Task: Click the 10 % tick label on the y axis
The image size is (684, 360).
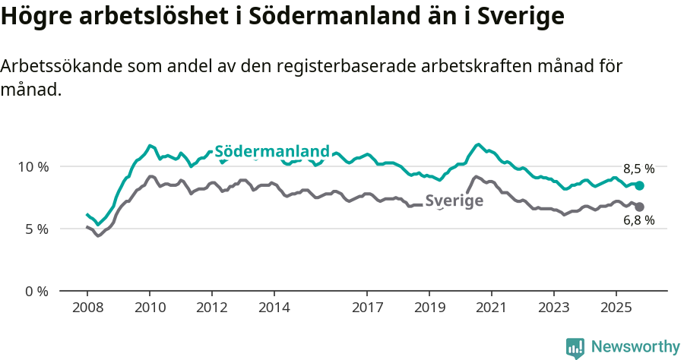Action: click(x=32, y=166)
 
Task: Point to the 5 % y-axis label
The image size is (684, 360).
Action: click(x=36, y=229)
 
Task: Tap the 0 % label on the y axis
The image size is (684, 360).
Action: click(x=36, y=291)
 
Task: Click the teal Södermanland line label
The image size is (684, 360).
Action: click(x=272, y=151)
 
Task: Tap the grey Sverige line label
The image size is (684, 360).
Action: click(x=454, y=201)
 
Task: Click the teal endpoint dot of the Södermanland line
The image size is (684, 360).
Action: click(x=640, y=185)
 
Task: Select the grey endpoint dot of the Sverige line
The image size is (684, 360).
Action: click(x=640, y=207)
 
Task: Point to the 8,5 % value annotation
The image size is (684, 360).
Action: click(x=638, y=169)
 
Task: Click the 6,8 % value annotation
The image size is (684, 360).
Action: click(x=638, y=221)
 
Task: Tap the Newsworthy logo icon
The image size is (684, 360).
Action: click(x=575, y=348)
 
